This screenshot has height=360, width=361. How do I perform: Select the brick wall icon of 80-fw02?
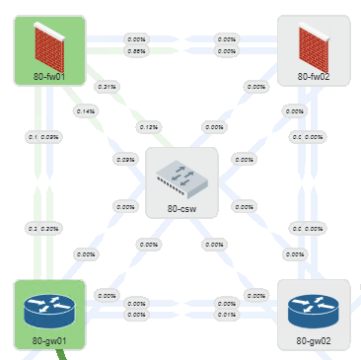point(315,41)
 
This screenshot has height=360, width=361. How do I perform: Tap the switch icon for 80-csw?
point(180,176)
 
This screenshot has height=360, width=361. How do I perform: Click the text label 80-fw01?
point(47,74)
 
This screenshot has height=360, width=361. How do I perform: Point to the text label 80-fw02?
point(315,75)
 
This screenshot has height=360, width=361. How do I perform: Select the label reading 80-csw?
point(180,208)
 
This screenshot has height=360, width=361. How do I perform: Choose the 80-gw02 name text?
point(314,341)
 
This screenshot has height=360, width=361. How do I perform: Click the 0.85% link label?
point(137,50)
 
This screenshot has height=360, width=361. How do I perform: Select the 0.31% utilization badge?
point(107,87)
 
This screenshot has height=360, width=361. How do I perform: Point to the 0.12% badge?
point(149,127)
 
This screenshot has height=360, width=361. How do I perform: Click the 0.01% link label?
point(226,315)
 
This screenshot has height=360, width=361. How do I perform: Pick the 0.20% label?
point(50,228)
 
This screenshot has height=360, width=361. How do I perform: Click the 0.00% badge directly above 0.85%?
point(137,39)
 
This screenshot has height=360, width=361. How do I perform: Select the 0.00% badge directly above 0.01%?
point(226,304)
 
